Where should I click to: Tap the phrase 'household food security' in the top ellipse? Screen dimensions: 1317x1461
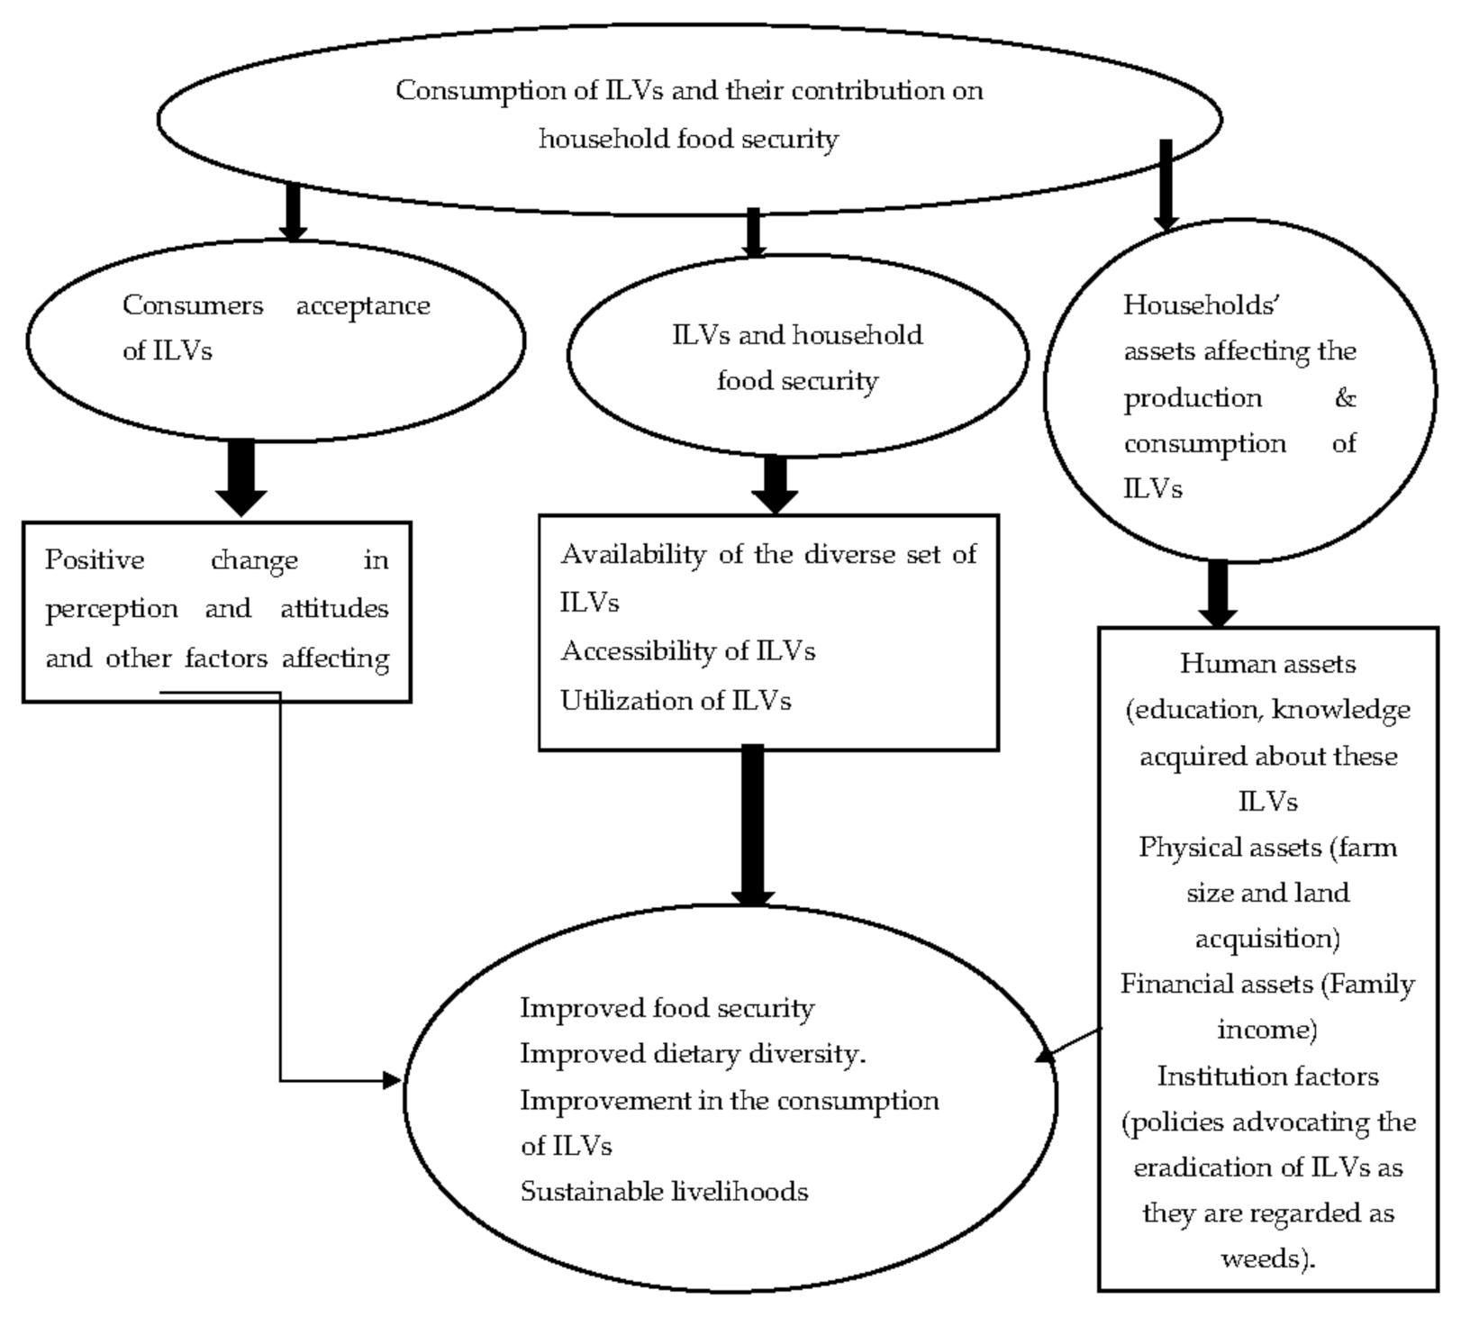pyautogui.click(x=688, y=139)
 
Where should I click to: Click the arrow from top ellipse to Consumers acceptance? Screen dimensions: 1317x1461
pyautogui.click(x=292, y=213)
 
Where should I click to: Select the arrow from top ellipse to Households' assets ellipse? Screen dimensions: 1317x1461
pyautogui.click(x=1166, y=185)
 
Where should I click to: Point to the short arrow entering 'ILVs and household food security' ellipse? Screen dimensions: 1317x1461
pyautogui.click(x=754, y=232)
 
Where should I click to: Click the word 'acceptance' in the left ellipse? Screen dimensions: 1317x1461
pyautogui.click(x=363, y=306)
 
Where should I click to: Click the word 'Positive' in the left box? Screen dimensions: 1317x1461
pyautogui.click(x=95, y=560)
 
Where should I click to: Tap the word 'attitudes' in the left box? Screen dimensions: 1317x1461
pyautogui.click(x=334, y=609)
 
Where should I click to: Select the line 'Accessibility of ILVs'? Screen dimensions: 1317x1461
pyautogui.click(x=688, y=651)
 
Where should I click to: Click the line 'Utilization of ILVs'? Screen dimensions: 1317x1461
pyautogui.click(x=676, y=701)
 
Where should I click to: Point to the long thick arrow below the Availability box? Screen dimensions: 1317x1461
pyautogui.click(x=752, y=824)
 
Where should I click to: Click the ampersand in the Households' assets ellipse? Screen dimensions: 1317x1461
pyautogui.click(x=1345, y=398)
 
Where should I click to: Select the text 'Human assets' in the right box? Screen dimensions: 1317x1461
pyautogui.click(x=1267, y=665)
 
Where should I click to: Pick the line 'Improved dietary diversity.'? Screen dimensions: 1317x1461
pyautogui.click(x=693, y=1054)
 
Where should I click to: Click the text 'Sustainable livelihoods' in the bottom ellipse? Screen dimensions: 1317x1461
pyautogui.click(x=664, y=1192)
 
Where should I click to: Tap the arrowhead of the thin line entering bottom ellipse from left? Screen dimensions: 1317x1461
pyautogui.click(x=393, y=1080)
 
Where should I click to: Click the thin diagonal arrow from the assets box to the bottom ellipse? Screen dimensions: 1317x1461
pyautogui.click(x=1069, y=1044)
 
